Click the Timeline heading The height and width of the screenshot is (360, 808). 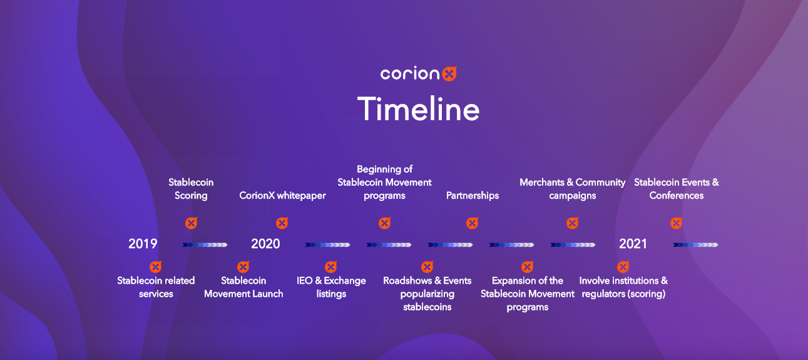418,108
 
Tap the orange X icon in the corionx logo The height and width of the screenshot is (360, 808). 449,74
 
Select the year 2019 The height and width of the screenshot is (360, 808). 143,244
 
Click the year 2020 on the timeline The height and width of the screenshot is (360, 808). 265,244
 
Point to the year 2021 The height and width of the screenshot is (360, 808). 633,244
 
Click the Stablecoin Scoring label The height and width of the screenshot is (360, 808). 191,188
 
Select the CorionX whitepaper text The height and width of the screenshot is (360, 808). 282,195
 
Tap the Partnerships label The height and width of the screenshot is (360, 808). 473,195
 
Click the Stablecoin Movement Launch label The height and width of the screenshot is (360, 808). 243,287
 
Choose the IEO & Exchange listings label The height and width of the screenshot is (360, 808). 331,287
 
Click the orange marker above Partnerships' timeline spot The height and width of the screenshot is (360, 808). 472,224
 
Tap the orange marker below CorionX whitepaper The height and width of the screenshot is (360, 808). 282,224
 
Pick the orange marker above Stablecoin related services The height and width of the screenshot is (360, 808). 155,267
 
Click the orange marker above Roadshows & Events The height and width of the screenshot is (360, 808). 427,267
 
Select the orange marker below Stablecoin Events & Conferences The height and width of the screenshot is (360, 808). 677,224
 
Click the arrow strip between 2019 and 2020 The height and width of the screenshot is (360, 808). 205,245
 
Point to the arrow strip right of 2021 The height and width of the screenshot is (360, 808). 695,245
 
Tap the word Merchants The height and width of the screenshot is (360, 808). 542,183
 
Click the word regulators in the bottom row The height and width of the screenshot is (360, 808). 603,294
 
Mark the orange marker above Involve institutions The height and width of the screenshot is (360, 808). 623,267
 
